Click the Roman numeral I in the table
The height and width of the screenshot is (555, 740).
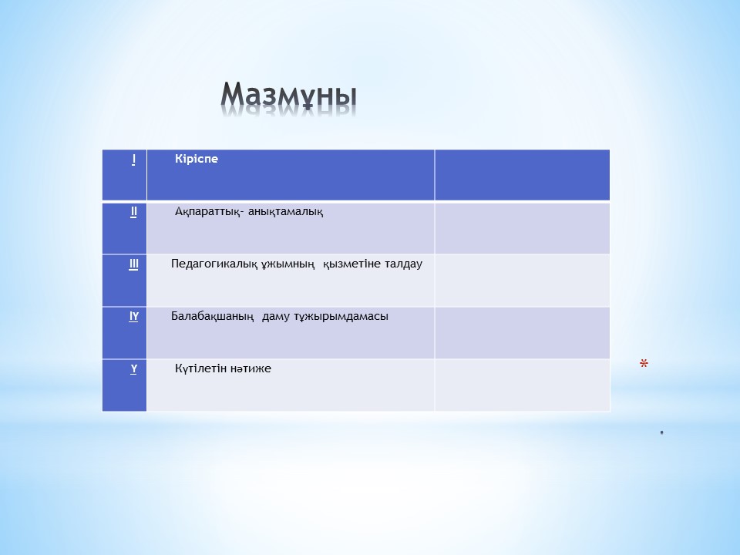133,160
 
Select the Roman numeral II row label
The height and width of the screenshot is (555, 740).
133,212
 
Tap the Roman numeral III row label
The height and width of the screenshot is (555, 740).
133,264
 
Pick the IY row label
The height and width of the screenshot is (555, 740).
133,317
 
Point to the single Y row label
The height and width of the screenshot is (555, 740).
134,369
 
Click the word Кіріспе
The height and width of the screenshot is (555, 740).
197,159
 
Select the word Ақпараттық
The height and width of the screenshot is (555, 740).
210,212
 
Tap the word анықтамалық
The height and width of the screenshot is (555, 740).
285,212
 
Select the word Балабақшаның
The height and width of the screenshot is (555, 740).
213,316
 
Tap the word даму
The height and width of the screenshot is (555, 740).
276,317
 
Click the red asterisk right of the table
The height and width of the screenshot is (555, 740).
644,363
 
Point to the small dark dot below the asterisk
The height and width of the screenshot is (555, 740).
661,432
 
